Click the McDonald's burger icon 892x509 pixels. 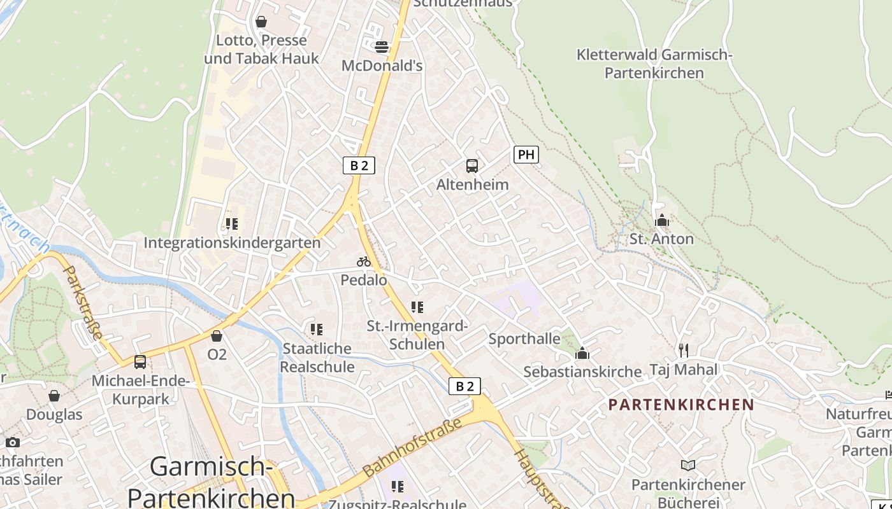tap(382, 46)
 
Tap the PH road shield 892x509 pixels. tap(526, 155)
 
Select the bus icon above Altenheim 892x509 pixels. tap(472, 166)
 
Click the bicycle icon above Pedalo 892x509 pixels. tap(364, 261)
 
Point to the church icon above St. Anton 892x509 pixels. tap(662, 220)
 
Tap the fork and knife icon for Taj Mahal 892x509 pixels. tap(683, 350)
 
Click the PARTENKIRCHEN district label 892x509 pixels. tap(681, 405)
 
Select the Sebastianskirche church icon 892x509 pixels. tap(582, 353)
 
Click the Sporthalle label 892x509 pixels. tap(524, 338)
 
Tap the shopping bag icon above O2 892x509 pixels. tap(217, 336)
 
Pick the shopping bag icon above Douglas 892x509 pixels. tap(54, 396)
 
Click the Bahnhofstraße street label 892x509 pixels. tap(412, 448)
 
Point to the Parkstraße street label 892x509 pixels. tap(83, 302)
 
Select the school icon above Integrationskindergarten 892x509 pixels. tap(232, 224)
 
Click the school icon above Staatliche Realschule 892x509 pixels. tap(317, 330)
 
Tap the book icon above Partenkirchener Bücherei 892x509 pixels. tap(687, 465)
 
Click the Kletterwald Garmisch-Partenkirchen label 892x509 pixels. tap(654, 64)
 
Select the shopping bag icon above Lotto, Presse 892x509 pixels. tap(261, 22)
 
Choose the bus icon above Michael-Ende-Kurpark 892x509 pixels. tap(140, 362)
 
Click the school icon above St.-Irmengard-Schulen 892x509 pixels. tap(417, 308)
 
